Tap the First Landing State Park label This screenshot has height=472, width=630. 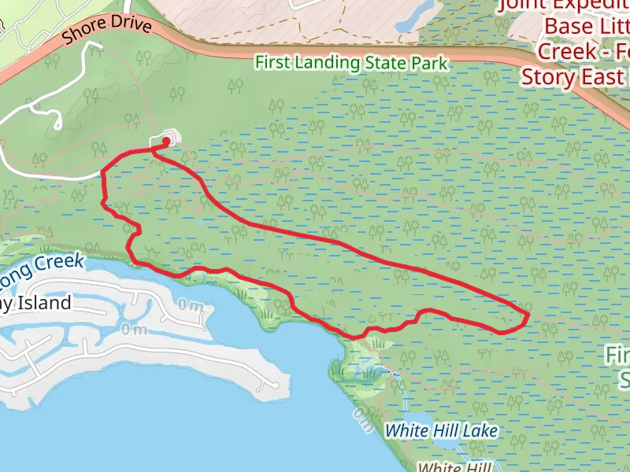coord(351,62)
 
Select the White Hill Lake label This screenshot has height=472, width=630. coord(441,430)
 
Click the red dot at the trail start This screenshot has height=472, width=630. coord(167,142)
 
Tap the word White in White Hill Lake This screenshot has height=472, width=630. coord(406,430)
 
